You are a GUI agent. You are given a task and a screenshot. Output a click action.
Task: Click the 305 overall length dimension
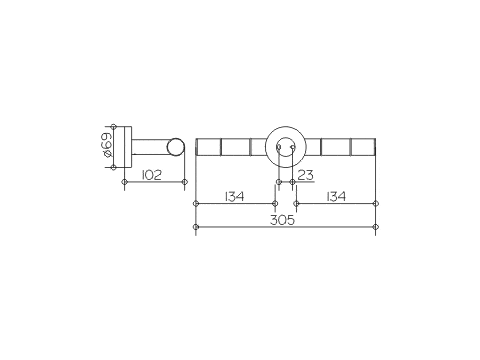click(282, 220)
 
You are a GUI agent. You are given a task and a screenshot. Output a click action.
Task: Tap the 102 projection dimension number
click(152, 175)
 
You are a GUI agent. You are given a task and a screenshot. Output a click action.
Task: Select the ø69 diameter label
click(106, 145)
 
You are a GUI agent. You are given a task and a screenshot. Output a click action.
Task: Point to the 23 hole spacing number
click(305, 175)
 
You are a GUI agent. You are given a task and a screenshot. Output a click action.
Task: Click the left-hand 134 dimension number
click(234, 196)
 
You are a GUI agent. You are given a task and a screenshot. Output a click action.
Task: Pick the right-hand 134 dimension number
click(336, 196)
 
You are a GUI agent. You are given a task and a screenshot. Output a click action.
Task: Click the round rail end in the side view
click(175, 147)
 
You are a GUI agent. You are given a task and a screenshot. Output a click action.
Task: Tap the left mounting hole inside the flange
click(279, 147)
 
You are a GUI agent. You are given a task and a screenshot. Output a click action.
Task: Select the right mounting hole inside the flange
click(293, 147)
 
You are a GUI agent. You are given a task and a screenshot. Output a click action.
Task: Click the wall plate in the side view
click(128, 147)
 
